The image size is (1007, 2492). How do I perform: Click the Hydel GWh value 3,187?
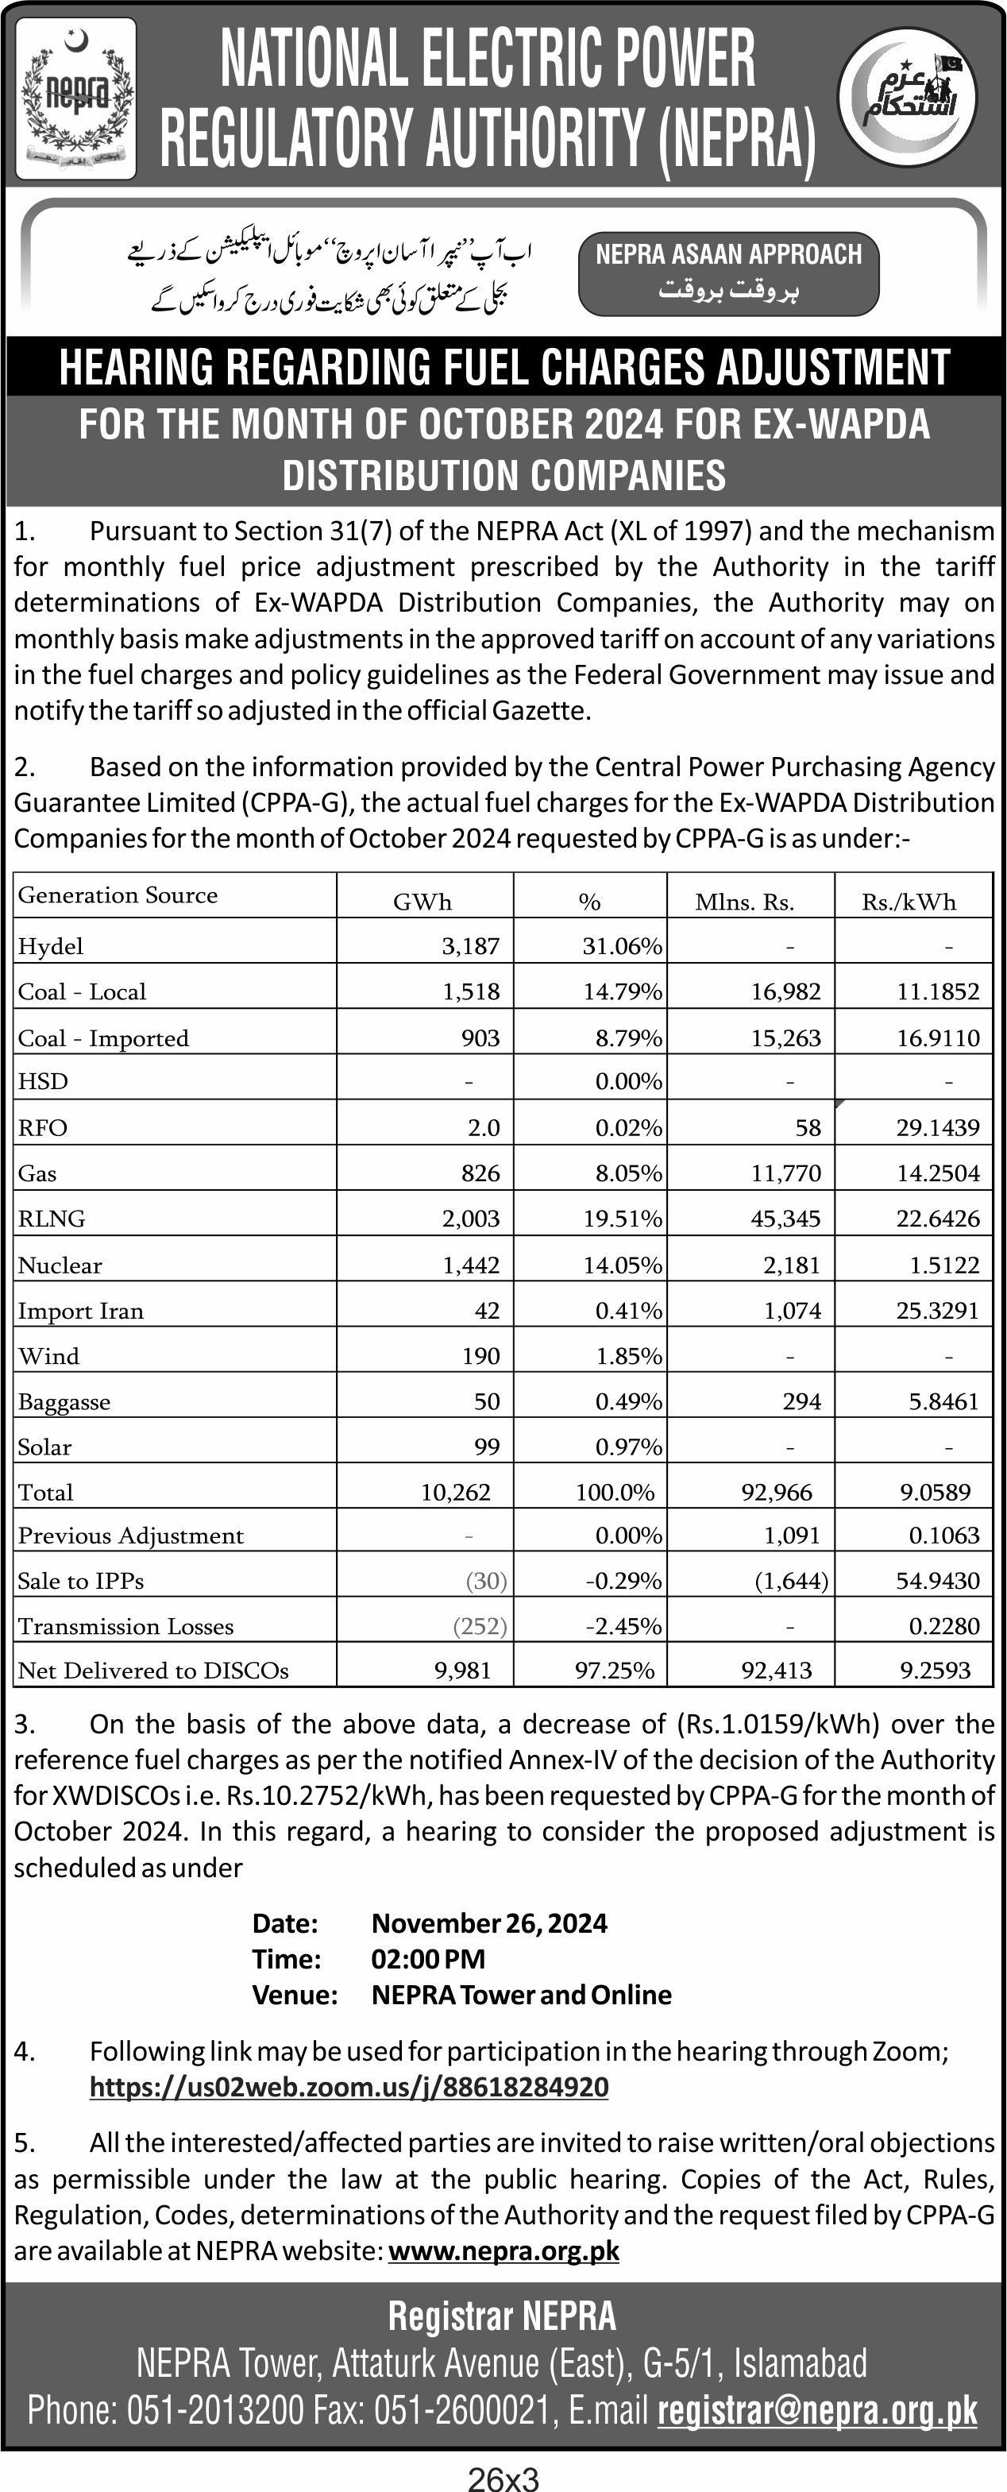point(470,945)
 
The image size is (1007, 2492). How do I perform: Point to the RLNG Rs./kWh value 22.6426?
point(937,1218)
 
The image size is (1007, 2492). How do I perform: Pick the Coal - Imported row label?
point(103,1038)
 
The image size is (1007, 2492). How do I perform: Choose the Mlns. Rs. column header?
point(744,902)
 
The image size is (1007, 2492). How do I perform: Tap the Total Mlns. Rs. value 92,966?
point(777,1492)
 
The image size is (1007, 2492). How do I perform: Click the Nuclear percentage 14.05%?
point(622,1265)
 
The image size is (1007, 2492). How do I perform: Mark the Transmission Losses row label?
point(125,1626)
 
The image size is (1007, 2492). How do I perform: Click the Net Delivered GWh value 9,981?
point(462,1670)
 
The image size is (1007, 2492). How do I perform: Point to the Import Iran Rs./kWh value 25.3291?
point(937,1311)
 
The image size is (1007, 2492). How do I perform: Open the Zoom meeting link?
point(349,2087)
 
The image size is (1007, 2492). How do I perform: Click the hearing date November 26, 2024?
point(489,1923)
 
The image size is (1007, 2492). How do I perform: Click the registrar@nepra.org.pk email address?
point(817,2411)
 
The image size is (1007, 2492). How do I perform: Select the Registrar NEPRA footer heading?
point(502,2317)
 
